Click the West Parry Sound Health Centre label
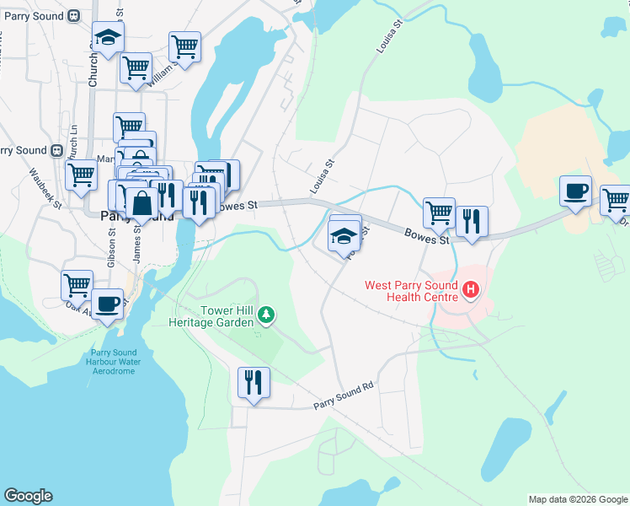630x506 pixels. [411, 290]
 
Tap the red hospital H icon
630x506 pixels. [472, 292]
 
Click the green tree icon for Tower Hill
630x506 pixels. [267, 315]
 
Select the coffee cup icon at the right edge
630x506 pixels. [576, 191]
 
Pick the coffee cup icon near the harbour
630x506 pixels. [106, 304]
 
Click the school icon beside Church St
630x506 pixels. [108, 36]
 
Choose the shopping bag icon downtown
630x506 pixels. [142, 203]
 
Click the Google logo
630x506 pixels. [28, 496]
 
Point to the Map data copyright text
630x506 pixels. [578, 499]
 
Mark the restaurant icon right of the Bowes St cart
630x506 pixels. [472, 222]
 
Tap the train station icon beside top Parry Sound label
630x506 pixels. [74, 16]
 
